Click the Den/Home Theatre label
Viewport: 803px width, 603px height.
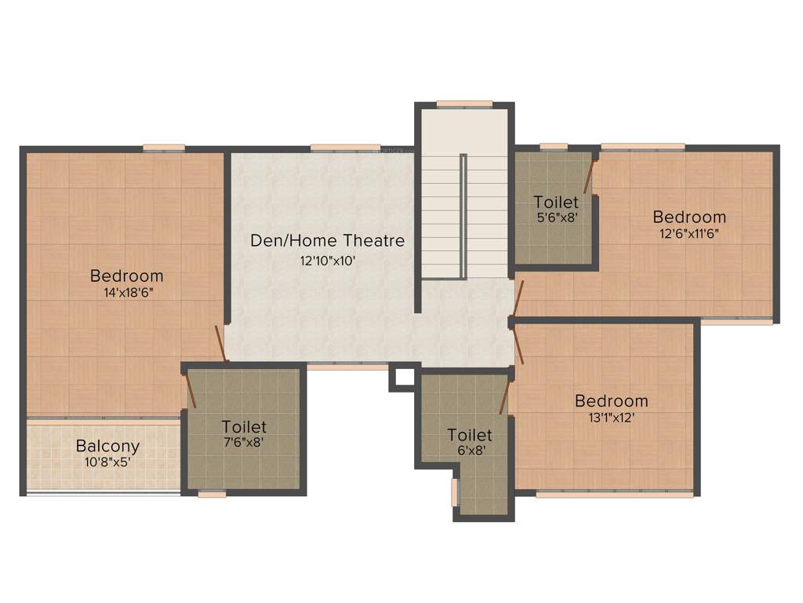pyautogui.click(x=328, y=240)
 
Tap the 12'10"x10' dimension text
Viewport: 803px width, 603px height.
pyautogui.click(x=328, y=261)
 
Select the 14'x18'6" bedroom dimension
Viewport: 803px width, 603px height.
pyautogui.click(x=127, y=293)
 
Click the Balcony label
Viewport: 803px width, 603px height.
pyautogui.click(x=107, y=446)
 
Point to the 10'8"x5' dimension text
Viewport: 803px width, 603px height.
pyautogui.click(x=107, y=462)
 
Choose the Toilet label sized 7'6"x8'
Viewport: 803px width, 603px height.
pyautogui.click(x=244, y=426)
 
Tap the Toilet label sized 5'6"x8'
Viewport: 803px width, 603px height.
pyautogui.click(x=556, y=202)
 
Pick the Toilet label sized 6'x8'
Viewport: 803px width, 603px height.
pyautogui.click(x=470, y=434)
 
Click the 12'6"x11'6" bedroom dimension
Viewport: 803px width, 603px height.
pyautogui.click(x=689, y=233)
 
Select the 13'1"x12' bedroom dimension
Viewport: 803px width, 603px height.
pyautogui.click(x=611, y=418)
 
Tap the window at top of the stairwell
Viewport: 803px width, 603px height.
pyautogui.click(x=464, y=104)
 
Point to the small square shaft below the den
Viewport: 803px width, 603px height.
pyautogui.click(x=404, y=378)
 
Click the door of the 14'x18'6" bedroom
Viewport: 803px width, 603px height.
pyautogui.click(x=220, y=343)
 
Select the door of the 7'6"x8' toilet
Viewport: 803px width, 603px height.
pyautogui.click(x=189, y=390)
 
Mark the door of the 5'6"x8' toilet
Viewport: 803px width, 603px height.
pyautogui.click(x=590, y=175)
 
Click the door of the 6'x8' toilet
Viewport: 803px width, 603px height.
pyautogui.click(x=505, y=397)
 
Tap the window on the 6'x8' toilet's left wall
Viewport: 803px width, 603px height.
pyautogui.click(x=454, y=492)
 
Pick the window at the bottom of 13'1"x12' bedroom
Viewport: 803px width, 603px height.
pyautogui.click(x=615, y=495)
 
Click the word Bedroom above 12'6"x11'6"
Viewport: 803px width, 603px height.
pyautogui.click(x=689, y=217)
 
